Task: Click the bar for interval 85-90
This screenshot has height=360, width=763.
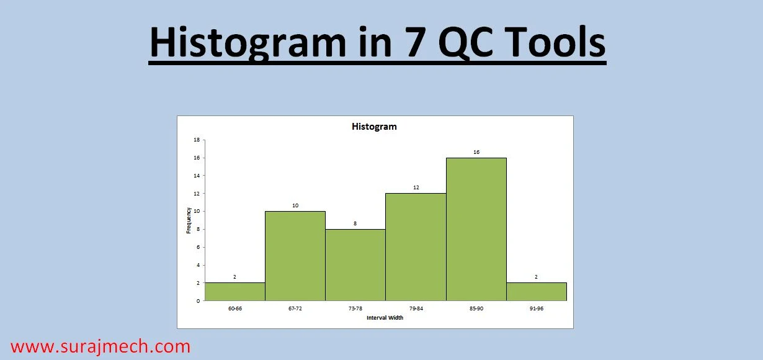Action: [476, 229]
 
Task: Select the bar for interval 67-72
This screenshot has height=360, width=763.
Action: [295, 256]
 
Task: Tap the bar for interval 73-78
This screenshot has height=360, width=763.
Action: [355, 264]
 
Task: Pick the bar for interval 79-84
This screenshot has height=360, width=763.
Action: [416, 247]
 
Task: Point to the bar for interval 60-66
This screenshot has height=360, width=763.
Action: [234, 292]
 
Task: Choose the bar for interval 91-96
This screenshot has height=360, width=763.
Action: [537, 292]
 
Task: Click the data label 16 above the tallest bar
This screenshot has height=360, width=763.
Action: [476, 152]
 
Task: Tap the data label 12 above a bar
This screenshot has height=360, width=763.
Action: [416, 187]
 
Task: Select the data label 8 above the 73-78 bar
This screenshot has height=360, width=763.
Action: [355, 223]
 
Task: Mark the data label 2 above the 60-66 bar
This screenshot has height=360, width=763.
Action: [234, 277]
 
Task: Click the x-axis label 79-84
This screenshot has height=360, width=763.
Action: [416, 308]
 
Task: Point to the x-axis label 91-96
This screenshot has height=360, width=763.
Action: [537, 308]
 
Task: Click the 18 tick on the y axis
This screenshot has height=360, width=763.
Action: [197, 140]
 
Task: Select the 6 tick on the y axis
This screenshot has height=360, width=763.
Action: [198, 247]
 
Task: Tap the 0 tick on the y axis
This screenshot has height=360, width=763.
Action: [198, 301]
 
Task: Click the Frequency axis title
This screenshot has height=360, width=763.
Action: [189, 220]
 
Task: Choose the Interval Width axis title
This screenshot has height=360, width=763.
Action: [385, 318]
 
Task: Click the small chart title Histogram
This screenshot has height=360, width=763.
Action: [374, 127]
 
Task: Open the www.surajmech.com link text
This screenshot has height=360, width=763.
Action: [100, 346]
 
